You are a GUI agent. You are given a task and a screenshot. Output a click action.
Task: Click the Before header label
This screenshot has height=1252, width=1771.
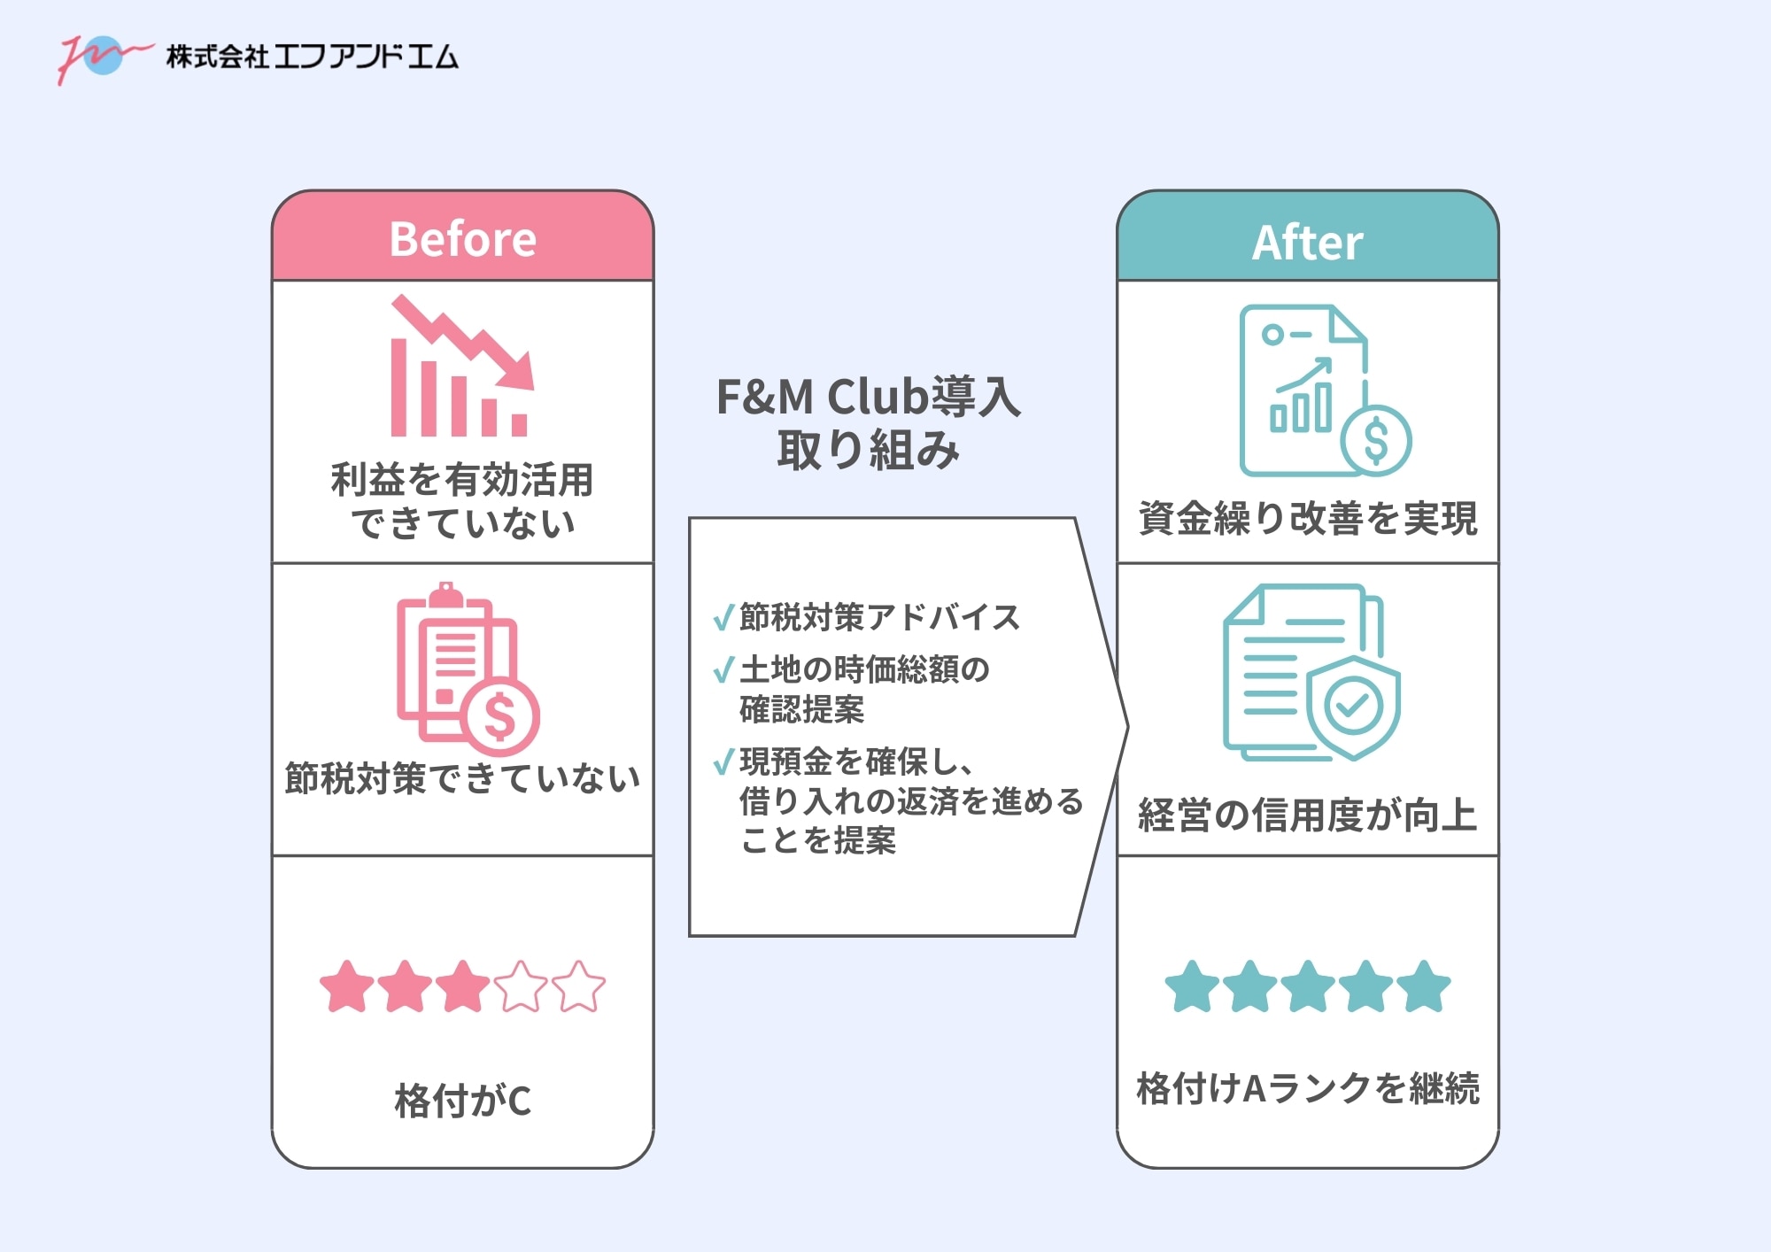pyautogui.click(x=462, y=239)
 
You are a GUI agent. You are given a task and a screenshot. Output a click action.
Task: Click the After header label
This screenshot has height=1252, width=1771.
pyautogui.click(x=1307, y=243)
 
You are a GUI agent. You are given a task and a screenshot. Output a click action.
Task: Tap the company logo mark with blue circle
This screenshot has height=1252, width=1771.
pyautogui.click(x=102, y=56)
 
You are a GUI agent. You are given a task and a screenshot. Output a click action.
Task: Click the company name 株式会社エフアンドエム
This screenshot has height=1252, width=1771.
pyautogui.click(x=312, y=57)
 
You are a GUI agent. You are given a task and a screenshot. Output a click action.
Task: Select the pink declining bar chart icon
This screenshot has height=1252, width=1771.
pyautogui.click(x=461, y=367)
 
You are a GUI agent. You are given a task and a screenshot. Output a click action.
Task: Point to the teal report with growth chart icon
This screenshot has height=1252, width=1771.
pyautogui.click(x=1324, y=390)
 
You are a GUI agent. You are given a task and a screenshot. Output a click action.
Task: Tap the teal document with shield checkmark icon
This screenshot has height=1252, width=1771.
pyautogui.click(x=1311, y=672)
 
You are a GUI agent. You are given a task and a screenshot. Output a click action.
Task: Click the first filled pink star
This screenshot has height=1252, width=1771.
pyautogui.click(x=346, y=986)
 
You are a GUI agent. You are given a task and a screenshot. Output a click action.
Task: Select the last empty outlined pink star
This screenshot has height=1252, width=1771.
pyautogui.click(x=578, y=986)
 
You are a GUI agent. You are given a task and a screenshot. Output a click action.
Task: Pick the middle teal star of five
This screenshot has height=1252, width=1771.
pyautogui.click(x=1307, y=986)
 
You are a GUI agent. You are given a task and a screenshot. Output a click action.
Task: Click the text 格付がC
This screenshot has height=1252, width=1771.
pyautogui.click(x=462, y=1101)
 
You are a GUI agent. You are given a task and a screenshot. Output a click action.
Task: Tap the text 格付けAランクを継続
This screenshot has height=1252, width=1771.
pyautogui.click(x=1307, y=1088)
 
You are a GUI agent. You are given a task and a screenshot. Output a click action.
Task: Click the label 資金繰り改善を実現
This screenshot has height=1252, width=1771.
pyautogui.click(x=1307, y=518)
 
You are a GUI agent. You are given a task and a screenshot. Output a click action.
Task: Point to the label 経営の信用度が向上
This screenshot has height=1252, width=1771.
pyautogui.click(x=1307, y=815)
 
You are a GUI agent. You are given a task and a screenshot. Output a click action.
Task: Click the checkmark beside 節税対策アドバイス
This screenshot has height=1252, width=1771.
pyautogui.click(x=723, y=616)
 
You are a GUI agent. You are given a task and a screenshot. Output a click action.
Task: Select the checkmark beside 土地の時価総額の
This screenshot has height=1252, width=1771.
pyautogui.click(x=723, y=669)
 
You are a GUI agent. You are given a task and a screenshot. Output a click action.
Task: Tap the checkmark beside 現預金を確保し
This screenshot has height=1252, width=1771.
pyautogui.click(x=723, y=761)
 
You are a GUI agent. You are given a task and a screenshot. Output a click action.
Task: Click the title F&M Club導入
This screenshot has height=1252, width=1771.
pyautogui.click(x=868, y=397)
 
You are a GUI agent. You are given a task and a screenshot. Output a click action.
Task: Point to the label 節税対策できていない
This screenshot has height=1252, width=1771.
pyautogui.click(x=462, y=778)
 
